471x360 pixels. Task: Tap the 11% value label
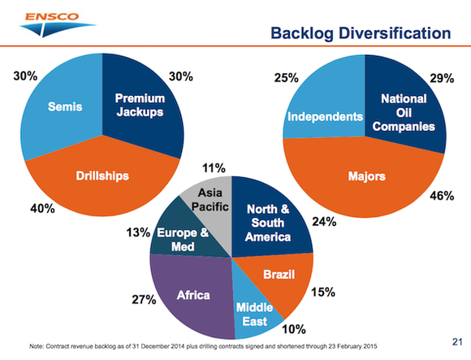point(214,169)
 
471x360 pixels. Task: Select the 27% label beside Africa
point(143,299)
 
